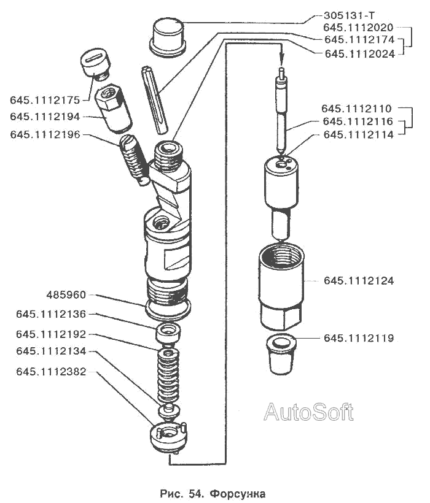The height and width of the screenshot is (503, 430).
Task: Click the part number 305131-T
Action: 349,15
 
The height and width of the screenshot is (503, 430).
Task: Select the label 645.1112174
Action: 359,39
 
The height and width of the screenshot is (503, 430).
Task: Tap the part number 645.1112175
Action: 45,100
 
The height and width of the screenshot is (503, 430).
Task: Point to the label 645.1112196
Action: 45,134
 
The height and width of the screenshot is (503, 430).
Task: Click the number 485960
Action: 66,295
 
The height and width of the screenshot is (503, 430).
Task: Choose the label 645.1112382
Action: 51,372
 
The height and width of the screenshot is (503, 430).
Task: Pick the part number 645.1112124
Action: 358,281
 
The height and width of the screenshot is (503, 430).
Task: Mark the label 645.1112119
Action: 358,338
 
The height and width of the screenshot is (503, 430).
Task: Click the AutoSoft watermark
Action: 308,412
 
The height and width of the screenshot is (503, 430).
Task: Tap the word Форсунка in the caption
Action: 238,494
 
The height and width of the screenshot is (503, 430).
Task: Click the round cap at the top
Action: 168,37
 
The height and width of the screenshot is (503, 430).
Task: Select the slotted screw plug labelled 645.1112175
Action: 95,64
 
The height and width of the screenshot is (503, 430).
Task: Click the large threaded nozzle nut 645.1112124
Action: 281,286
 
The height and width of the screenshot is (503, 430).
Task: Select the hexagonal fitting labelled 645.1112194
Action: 113,108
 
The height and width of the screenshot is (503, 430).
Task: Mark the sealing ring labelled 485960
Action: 168,308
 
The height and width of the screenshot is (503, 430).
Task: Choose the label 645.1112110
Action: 356,109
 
